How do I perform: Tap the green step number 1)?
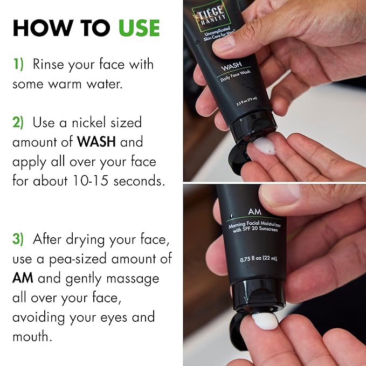click(19, 65)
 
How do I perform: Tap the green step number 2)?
click(19, 122)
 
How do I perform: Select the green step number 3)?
click(19, 239)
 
